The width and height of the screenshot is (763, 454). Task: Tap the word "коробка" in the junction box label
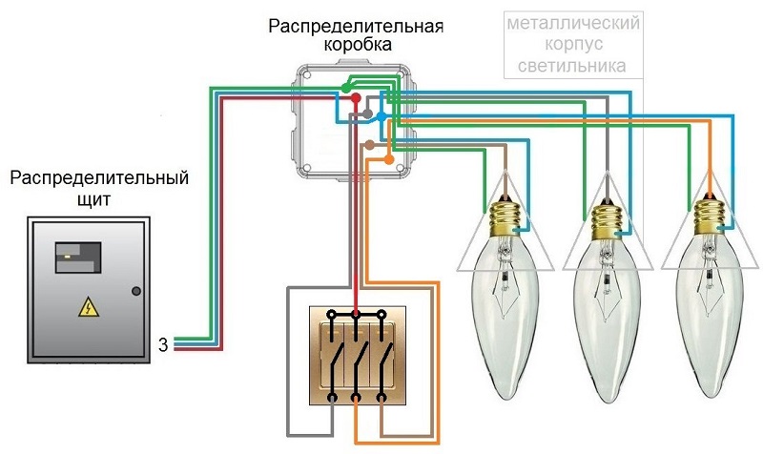(x=355, y=44)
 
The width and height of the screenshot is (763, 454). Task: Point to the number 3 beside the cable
(x=163, y=344)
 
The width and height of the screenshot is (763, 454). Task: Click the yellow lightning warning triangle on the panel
(x=87, y=307)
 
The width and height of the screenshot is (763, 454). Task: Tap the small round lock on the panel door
(x=135, y=291)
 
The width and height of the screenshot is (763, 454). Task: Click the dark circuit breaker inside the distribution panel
(x=76, y=253)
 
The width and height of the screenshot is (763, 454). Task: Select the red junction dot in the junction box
(x=355, y=98)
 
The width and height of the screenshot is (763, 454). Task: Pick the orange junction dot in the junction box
(x=388, y=159)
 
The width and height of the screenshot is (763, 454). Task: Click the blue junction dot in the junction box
(x=381, y=115)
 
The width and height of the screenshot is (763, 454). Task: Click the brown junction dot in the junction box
(x=369, y=145)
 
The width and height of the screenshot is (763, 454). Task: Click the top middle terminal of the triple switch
(x=356, y=314)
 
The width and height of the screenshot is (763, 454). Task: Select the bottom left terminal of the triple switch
(x=332, y=397)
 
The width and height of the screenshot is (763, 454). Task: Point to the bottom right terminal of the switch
(x=380, y=397)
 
